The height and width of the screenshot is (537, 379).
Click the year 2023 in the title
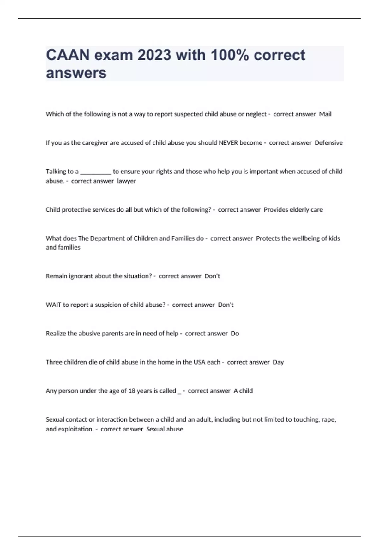tap(154, 55)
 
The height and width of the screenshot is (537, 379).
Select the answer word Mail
tap(325, 114)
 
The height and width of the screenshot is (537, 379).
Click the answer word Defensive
tap(328, 143)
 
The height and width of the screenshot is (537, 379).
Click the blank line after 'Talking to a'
tap(96, 172)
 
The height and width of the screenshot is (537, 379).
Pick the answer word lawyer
tap(126, 181)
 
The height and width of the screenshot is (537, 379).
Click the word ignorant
tap(81, 276)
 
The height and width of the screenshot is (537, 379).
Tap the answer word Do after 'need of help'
tap(235, 334)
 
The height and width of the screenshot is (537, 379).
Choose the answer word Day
tap(278, 362)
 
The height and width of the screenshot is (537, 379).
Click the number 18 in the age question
tap(132, 391)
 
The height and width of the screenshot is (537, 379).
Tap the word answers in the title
tap(76, 73)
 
